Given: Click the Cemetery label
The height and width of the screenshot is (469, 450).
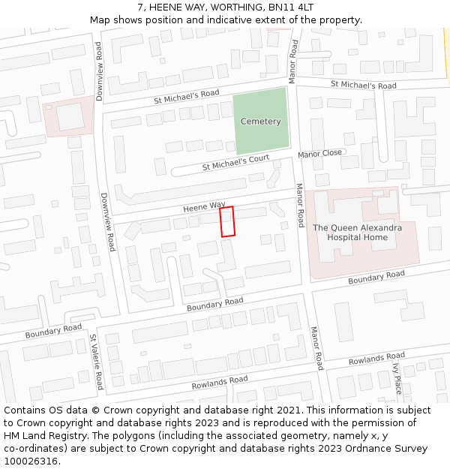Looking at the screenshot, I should [260, 122].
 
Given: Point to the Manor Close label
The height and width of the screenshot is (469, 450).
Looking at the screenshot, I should [319, 154].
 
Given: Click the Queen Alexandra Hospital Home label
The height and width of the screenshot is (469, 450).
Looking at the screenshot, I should [357, 233].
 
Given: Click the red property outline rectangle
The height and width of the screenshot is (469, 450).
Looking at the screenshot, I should [227, 221].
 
